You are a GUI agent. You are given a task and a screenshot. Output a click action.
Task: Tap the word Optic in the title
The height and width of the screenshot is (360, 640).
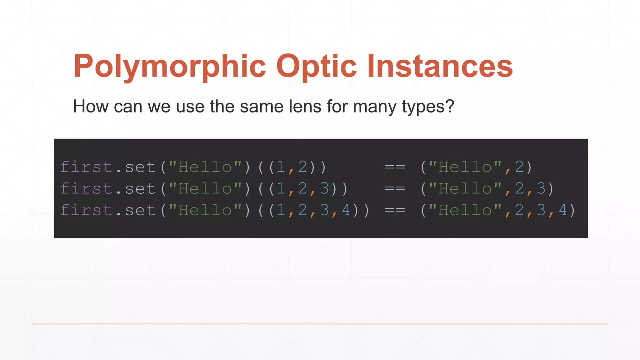click(x=316, y=66)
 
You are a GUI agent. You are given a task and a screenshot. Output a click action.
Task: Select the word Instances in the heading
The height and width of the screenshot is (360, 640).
click(x=440, y=66)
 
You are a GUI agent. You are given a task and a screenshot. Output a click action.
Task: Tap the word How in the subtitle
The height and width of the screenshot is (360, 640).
click(x=91, y=106)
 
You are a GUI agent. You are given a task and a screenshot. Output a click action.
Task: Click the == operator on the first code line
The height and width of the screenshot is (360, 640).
click(x=395, y=167)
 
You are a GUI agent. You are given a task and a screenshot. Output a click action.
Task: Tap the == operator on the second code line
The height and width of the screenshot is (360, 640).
click(x=395, y=189)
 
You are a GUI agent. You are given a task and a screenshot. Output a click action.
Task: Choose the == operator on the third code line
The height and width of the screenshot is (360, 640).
click(x=395, y=210)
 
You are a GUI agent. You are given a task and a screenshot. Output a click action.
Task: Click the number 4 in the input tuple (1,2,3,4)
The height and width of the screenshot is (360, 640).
click(x=346, y=210)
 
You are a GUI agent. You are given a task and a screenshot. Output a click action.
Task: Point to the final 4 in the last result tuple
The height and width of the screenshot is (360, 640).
click(x=563, y=210)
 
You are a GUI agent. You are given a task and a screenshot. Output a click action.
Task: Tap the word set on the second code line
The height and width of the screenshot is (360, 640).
click(x=140, y=189)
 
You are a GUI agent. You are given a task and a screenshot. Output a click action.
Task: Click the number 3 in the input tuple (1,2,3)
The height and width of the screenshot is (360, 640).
click(x=324, y=188)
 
